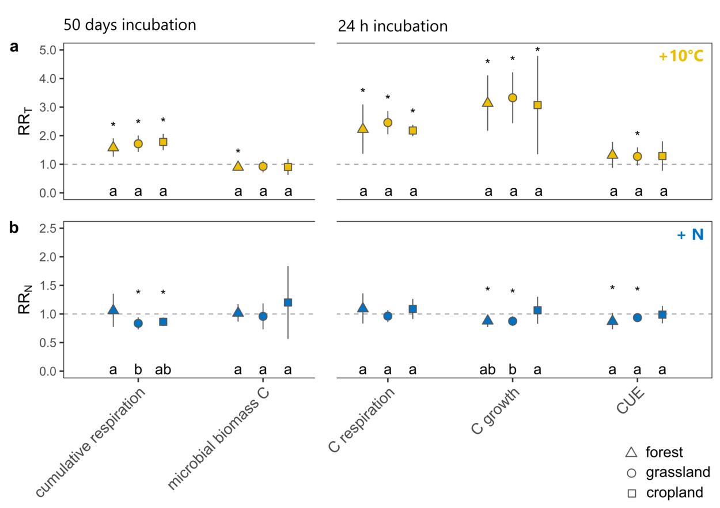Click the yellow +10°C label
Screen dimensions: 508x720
[681, 56]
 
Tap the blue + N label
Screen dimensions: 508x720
[689, 235]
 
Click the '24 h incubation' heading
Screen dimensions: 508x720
[392, 26]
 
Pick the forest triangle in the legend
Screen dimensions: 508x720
[631, 453]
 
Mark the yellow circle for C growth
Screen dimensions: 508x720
[513, 97]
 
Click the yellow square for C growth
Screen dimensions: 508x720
[537, 105]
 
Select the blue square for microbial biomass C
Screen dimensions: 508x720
[288, 302]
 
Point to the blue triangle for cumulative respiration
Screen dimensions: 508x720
[113, 309]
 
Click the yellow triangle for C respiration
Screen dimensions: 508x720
[363, 128]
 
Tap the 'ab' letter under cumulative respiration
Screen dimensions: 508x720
[163, 370]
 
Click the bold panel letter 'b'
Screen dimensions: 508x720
[14, 227]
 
